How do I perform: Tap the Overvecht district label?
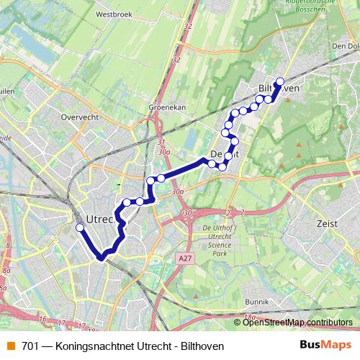pyautogui.click(x=78, y=116)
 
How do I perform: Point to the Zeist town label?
pyautogui.click(x=327, y=224)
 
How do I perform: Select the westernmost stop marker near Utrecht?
pyautogui.click(x=80, y=228)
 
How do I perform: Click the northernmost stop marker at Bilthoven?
pyautogui.click(x=280, y=81)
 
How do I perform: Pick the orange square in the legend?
pyautogui.click(x=10, y=346)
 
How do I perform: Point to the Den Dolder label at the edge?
pyautogui.click(x=347, y=45)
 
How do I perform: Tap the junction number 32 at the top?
pyautogui.click(x=189, y=27)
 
